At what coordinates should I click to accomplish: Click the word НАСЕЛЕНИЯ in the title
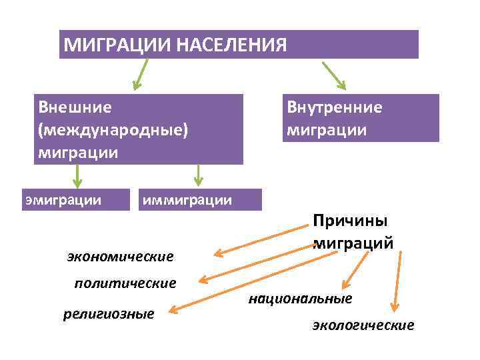(231, 45)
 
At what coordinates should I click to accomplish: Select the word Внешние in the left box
(75, 107)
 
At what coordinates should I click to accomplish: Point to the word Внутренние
(334, 107)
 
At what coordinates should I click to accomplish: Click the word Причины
(351, 221)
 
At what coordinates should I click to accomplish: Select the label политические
(125, 283)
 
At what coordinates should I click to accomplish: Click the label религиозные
(108, 313)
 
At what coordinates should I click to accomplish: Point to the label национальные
(300, 299)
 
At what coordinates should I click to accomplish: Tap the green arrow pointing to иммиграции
(197, 175)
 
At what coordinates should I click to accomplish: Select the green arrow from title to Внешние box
(141, 75)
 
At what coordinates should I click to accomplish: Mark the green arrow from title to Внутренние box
(334, 75)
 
